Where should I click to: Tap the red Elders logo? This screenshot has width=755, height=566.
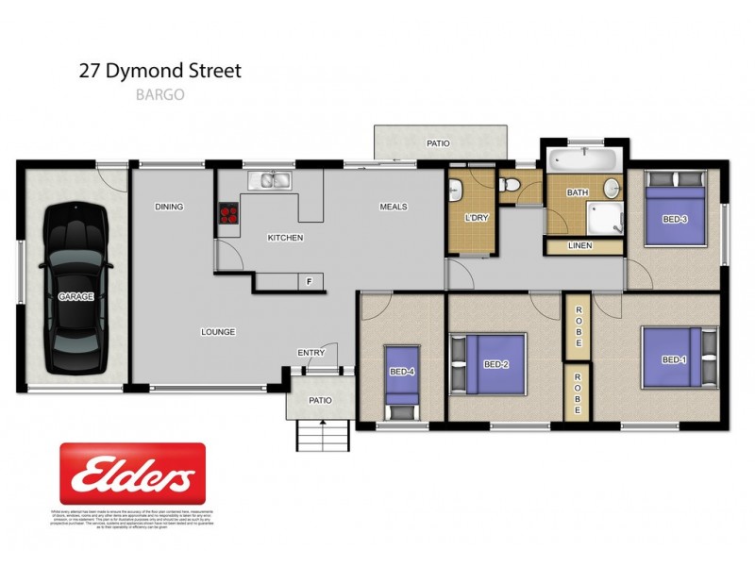(x=132, y=474)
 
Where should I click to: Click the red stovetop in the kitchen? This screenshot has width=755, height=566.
(x=228, y=213)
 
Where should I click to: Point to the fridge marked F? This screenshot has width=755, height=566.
(x=309, y=281)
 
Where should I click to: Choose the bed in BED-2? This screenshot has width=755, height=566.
(x=489, y=363)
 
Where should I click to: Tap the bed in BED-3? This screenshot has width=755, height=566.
(x=675, y=216)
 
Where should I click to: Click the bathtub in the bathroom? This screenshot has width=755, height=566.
(x=581, y=158)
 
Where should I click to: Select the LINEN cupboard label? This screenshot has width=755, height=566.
(x=581, y=246)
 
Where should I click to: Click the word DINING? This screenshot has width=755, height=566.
(x=169, y=207)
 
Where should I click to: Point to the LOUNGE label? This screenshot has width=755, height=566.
(x=218, y=332)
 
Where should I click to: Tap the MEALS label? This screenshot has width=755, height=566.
(x=393, y=207)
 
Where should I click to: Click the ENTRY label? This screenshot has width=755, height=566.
(x=311, y=353)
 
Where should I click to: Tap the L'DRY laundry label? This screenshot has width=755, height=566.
(x=476, y=219)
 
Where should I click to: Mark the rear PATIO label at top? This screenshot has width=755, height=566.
(x=438, y=143)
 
